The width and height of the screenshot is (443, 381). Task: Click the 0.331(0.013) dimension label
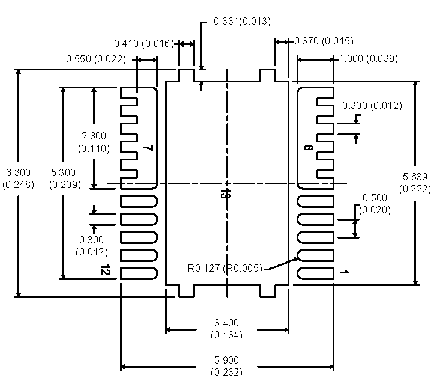[x=242, y=21]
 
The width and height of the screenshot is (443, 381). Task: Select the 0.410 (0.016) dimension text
[x=144, y=43]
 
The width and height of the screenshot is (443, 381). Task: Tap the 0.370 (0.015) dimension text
[x=323, y=41]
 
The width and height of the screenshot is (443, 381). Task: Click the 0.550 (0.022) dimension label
[x=96, y=59]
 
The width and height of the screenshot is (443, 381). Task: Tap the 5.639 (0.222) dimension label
[x=415, y=183]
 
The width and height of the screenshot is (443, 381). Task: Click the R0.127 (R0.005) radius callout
[x=225, y=268]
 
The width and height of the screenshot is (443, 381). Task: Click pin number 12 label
[x=106, y=272]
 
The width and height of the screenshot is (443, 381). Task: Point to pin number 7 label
[x=148, y=148]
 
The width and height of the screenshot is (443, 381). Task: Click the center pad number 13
[x=224, y=193]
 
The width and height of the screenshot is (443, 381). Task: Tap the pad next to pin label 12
[x=139, y=273]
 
